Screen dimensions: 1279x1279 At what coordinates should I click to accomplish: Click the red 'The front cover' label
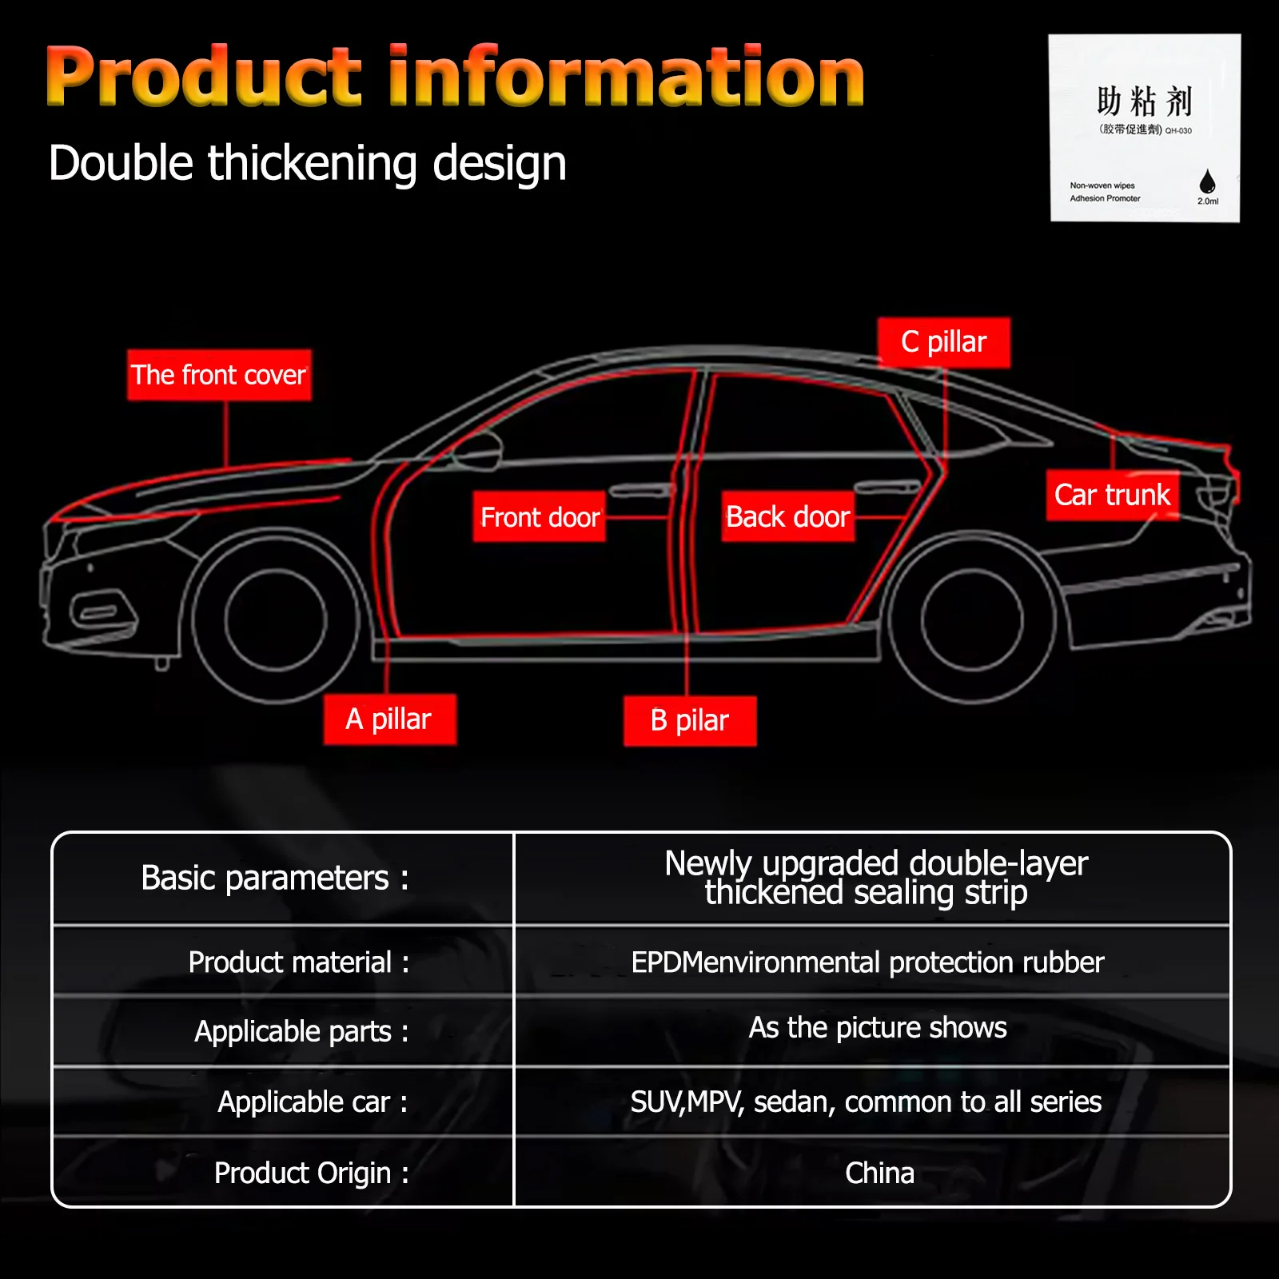tap(219, 375)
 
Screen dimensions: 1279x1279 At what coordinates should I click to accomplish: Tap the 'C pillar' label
tap(944, 342)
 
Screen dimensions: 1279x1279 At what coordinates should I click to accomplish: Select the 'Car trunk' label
tap(1113, 495)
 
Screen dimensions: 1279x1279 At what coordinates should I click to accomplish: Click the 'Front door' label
tap(540, 517)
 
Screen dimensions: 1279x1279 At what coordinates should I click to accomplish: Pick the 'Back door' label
tap(788, 517)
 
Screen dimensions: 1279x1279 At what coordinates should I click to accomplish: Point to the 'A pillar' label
tap(390, 719)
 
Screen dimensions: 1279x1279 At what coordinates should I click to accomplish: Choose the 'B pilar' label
tap(690, 721)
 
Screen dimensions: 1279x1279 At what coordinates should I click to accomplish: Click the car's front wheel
tap(276, 618)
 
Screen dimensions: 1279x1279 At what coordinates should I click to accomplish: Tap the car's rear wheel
tap(971, 620)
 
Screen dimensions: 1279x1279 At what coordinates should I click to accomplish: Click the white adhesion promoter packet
tap(1145, 128)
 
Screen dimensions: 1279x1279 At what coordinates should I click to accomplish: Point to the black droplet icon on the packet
tap(1207, 181)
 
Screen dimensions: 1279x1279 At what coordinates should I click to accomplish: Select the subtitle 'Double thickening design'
tap(308, 164)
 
